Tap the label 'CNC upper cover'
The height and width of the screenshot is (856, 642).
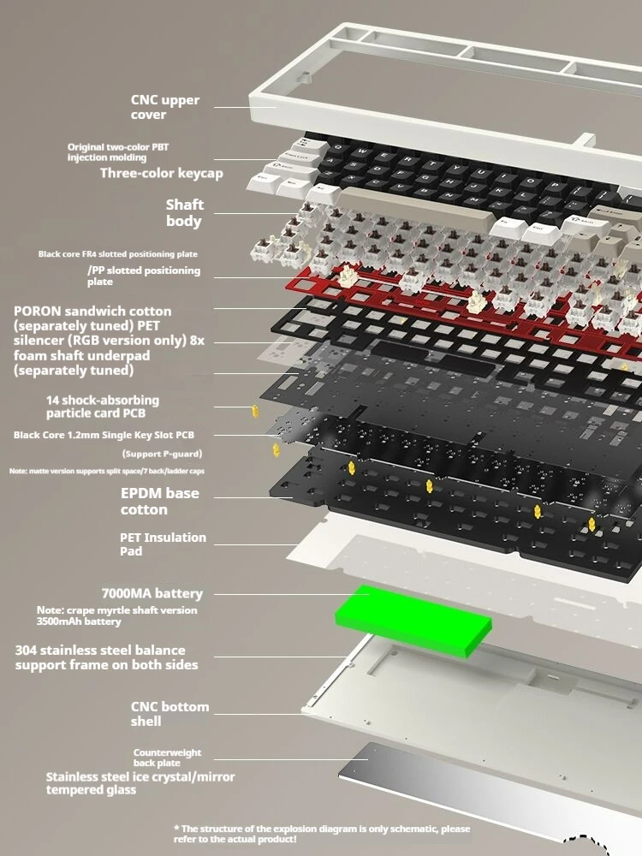tap(165, 107)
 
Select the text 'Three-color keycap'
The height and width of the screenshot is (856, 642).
tap(161, 173)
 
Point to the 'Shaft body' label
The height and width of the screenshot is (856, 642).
tap(184, 213)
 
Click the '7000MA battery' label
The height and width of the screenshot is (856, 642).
tap(152, 593)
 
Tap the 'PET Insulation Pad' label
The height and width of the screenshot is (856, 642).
tap(163, 544)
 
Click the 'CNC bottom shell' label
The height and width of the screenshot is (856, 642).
tap(169, 714)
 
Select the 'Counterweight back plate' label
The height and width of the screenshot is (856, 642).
tap(167, 758)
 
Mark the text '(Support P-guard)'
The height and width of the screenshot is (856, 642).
tap(163, 453)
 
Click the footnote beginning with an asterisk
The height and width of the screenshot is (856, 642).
tap(322, 834)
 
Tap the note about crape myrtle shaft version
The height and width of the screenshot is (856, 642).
tap(116, 615)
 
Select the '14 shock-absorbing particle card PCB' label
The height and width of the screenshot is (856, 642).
tap(103, 406)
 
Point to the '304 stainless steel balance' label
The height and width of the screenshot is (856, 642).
tap(99, 651)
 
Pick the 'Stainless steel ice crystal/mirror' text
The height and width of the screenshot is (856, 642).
tap(140, 776)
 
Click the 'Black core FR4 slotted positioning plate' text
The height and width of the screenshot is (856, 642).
tap(117, 254)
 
